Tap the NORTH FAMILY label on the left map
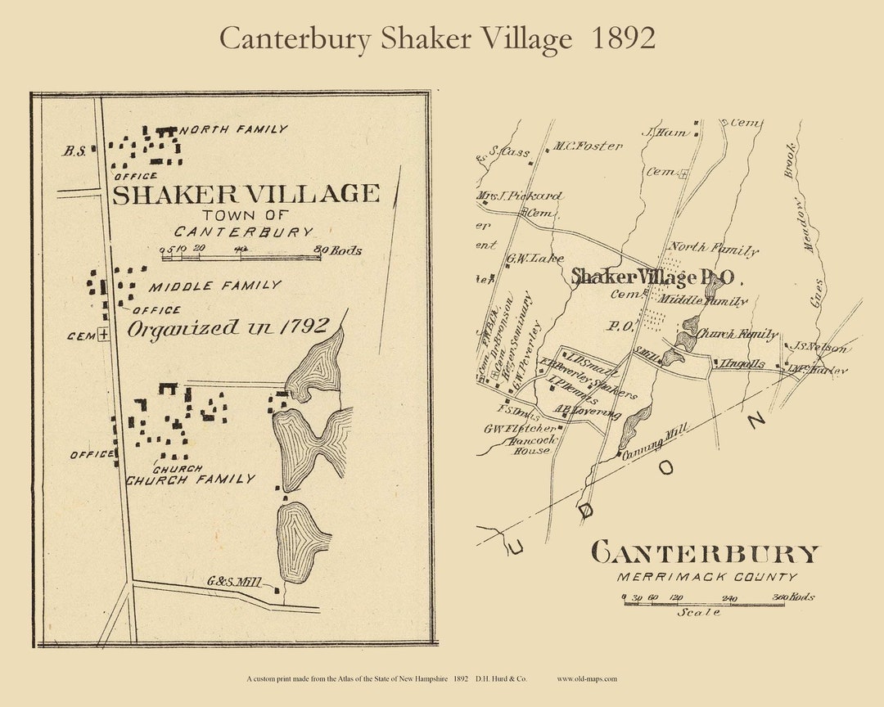click(x=233, y=129)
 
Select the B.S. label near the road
click(x=74, y=150)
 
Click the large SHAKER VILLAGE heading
click(x=246, y=194)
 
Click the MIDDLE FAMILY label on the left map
click(x=214, y=286)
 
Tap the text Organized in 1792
click(x=228, y=328)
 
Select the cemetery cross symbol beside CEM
click(x=104, y=334)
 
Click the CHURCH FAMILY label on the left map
click(x=190, y=480)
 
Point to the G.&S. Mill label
click(x=234, y=582)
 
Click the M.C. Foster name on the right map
click(x=587, y=146)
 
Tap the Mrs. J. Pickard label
click(x=521, y=196)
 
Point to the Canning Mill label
click(x=656, y=441)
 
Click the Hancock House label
click(x=531, y=444)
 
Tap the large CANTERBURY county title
click(x=704, y=554)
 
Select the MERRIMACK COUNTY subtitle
click(x=707, y=578)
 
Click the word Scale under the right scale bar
click(x=698, y=612)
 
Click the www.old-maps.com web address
click(x=587, y=678)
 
